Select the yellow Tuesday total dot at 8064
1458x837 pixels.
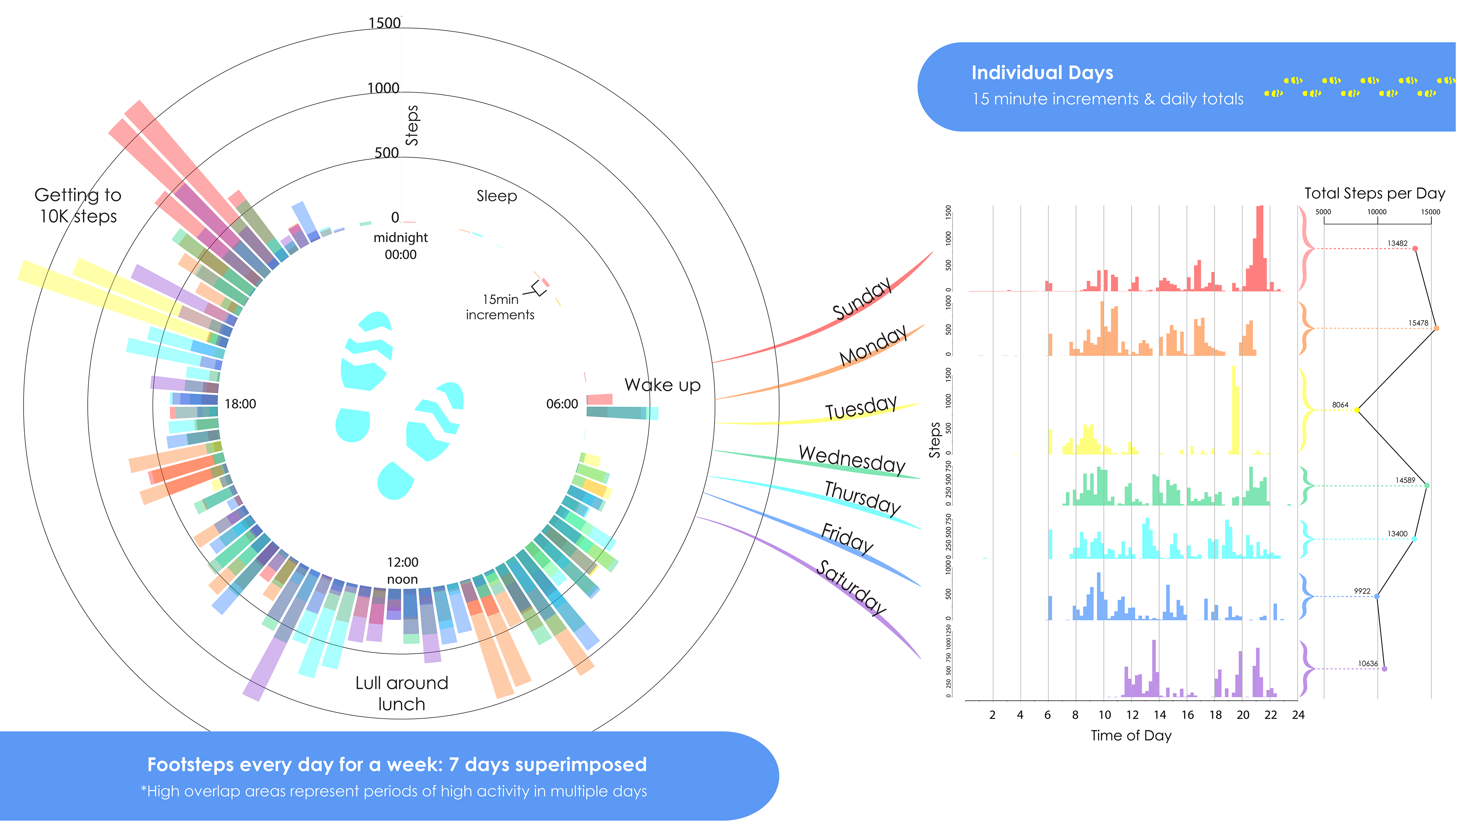[x=1357, y=410]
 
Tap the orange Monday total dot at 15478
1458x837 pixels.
[x=1436, y=328]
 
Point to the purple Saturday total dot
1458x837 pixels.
[x=1384, y=669]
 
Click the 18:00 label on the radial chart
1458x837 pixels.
[x=240, y=404]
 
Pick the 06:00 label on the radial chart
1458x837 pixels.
[x=562, y=404]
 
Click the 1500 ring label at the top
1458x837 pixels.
[x=384, y=23]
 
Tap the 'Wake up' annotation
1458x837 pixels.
[x=662, y=385]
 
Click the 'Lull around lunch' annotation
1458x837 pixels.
[x=401, y=693]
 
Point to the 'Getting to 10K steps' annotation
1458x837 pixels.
[x=78, y=205]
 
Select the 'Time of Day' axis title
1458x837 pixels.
[x=1131, y=735]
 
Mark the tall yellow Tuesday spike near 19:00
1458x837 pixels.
[x=1234, y=409]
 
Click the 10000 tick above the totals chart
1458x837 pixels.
[x=1376, y=212]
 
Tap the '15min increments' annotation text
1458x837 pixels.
[x=500, y=307]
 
